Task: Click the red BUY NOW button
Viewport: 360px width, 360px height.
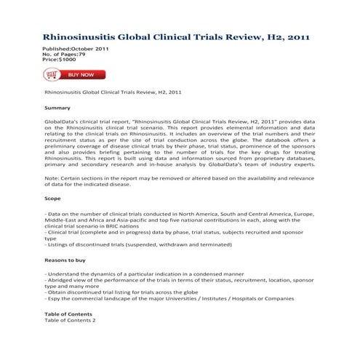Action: click(81, 74)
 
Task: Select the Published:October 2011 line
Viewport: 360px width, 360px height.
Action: click(76, 48)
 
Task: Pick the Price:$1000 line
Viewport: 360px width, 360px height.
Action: click(63, 60)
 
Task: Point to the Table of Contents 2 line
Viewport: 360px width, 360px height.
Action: click(70, 320)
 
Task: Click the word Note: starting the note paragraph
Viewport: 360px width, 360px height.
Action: click(52, 178)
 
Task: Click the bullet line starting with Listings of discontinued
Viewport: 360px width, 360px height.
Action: click(135, 244)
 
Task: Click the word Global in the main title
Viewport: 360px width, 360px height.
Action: click(149, 35)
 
